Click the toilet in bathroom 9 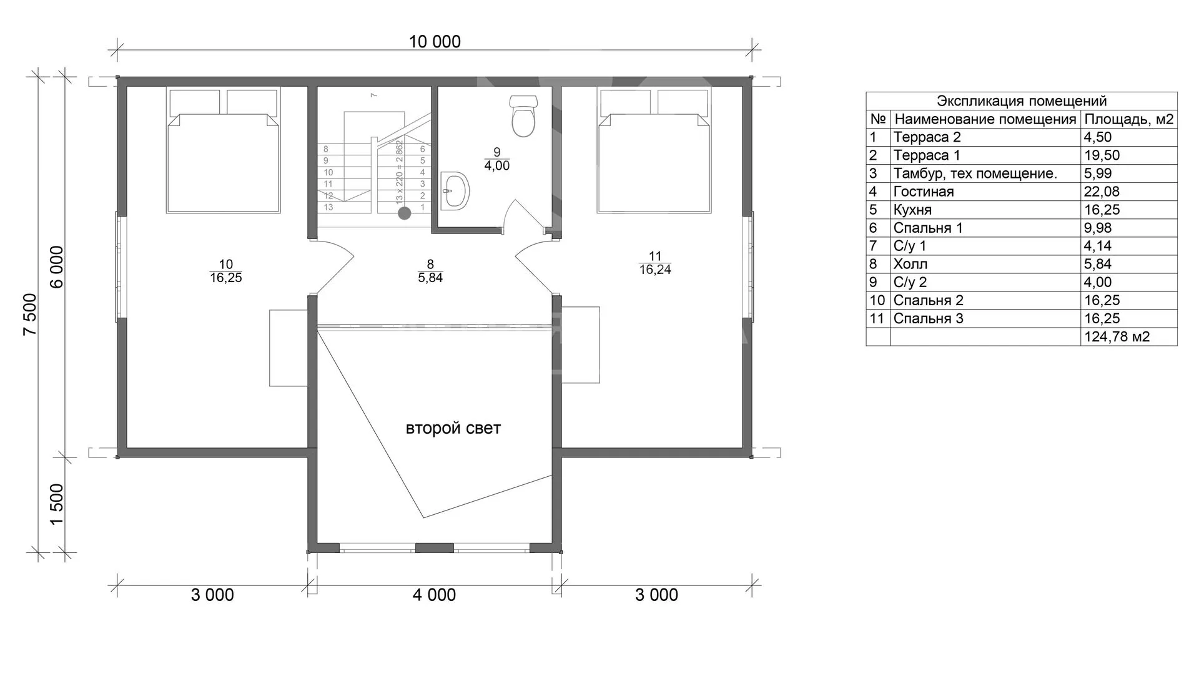[523, 116]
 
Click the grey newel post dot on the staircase [405, 213]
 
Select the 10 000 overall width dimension [435, 41]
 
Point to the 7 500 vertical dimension [30, 314]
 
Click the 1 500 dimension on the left [57, 504]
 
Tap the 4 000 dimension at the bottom [434, 595]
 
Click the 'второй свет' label [453, 428]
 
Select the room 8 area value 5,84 [430, 278]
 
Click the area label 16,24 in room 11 [655, 270]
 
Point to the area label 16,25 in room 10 [226, 278]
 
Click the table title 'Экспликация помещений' [1022, 101]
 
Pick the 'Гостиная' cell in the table [924, 192]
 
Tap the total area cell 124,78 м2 [1117, 337]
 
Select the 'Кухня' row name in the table [912, 210]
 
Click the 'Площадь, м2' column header [1129, 119]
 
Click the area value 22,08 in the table [1102, 192]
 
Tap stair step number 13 [328, 207]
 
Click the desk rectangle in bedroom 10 [289, 348]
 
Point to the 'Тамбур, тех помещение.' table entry [975, 173]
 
